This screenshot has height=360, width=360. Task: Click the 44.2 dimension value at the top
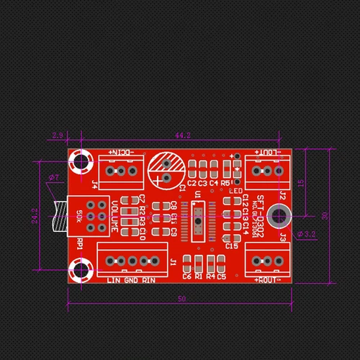183,135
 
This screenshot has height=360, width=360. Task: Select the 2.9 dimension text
58,135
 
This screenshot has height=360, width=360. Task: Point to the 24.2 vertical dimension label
34,215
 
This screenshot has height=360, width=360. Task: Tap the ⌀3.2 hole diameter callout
307,234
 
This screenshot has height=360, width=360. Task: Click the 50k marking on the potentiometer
78,215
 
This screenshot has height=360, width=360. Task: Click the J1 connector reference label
173,262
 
